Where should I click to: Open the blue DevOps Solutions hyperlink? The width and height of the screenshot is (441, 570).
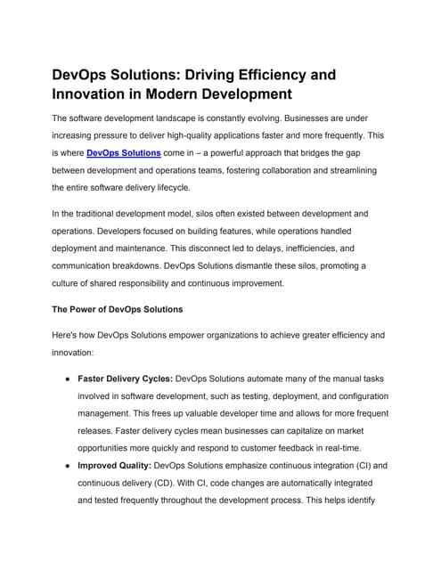pos(124,153)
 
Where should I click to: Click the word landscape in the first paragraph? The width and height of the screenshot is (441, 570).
pos(209,118)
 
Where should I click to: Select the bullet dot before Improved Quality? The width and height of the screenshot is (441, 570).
pos(68,466)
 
